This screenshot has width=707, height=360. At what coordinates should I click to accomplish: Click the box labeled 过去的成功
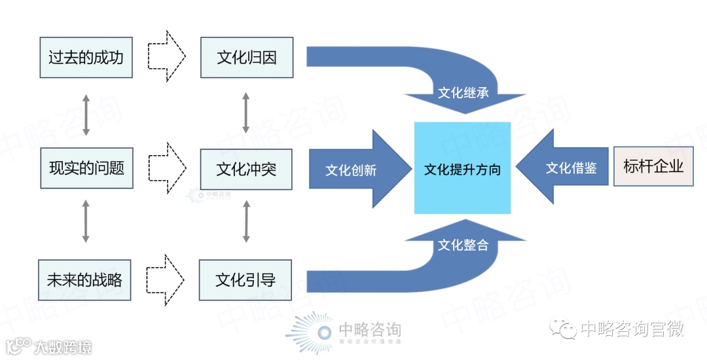point(86,58)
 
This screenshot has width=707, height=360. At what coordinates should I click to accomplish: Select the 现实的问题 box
point(86,168)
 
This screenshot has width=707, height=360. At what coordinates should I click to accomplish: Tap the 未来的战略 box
point(85,281)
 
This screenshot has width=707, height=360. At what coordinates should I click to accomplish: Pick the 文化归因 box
point(246,58)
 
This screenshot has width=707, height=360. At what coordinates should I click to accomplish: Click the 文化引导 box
point(245,281)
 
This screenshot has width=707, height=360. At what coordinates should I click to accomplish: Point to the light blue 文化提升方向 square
point(462,169)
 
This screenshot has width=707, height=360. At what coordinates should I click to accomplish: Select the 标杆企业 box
point(653,166)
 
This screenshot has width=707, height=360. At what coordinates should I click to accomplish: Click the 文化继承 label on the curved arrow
point(463,92)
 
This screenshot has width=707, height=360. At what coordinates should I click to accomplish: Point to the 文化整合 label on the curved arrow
point(463,245)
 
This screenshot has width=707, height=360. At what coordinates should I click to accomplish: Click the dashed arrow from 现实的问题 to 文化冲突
point(167,168)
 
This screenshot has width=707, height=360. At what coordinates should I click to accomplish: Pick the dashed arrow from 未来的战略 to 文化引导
point(167,280)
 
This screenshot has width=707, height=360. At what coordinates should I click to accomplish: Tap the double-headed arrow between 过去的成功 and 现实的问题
point(86,114)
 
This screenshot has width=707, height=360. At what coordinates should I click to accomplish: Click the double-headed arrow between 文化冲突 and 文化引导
point(246,221)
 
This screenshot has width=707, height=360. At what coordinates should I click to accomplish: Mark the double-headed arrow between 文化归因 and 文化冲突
point(246,113)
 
